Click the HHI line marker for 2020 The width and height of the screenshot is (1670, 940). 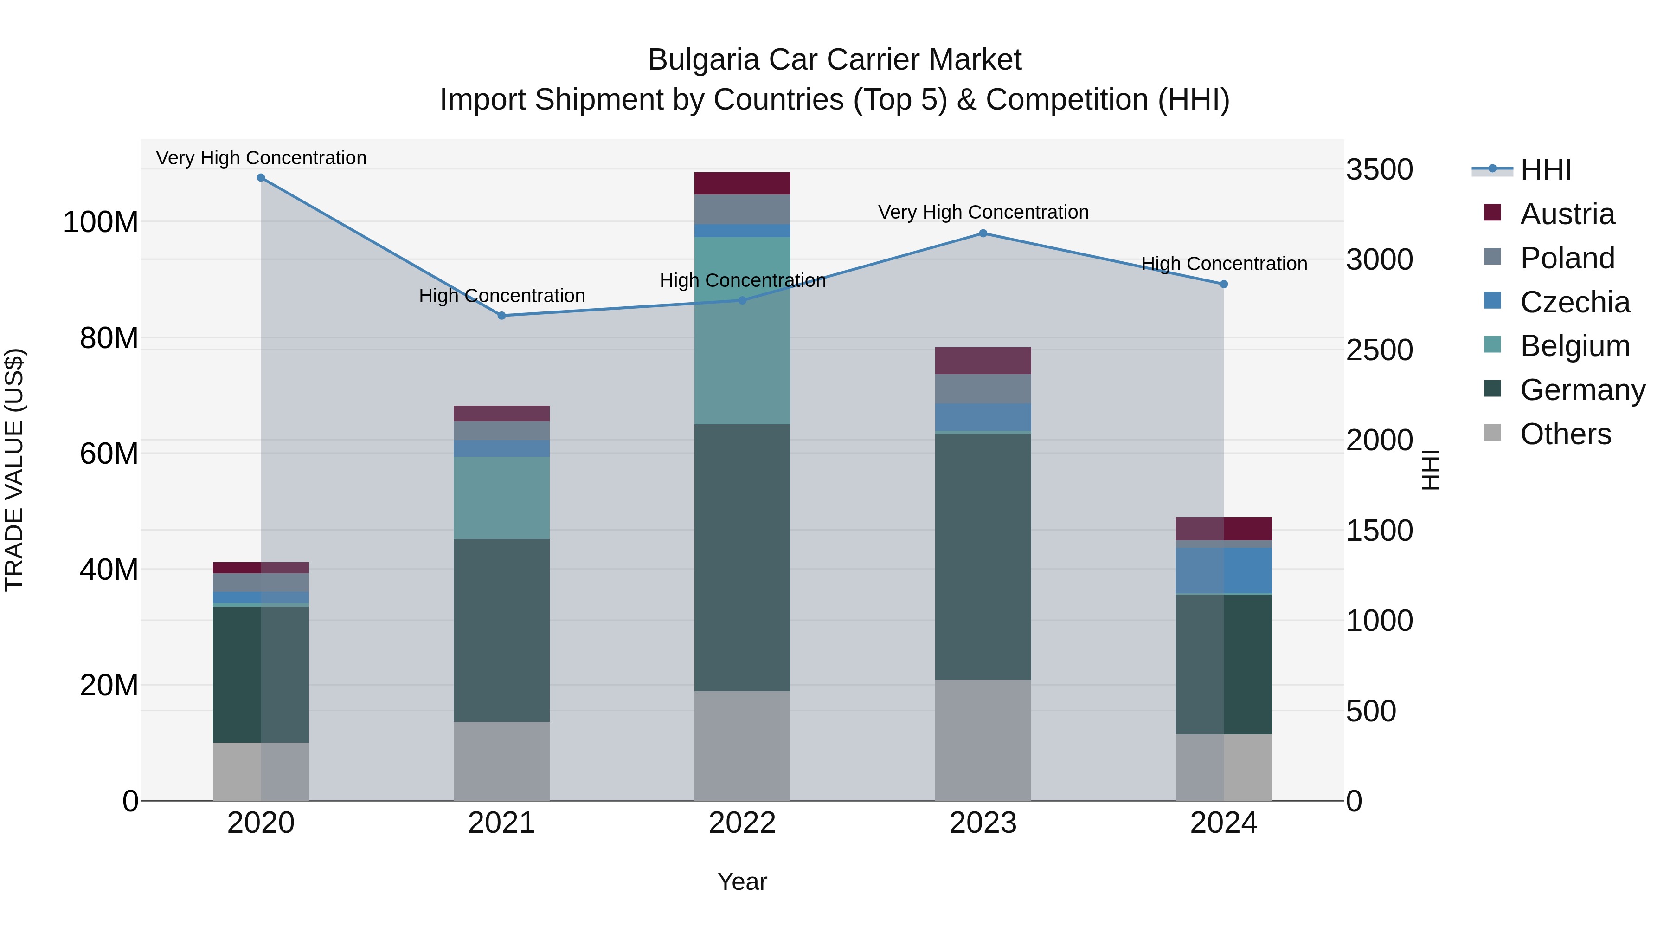pyautogui.click(x=261, y=178)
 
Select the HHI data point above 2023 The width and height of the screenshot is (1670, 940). pyautogui.click(x=983, y=233)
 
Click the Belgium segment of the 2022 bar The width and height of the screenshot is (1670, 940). pyautogui.click(x=742, y=331)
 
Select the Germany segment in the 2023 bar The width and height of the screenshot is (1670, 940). pyautogui.click(x=983, y=557)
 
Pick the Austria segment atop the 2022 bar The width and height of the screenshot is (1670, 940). pyautogui.click(x=742, y=183)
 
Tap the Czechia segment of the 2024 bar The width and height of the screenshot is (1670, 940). pyautogui.click(x=1223, y=571)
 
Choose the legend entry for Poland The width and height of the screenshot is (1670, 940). pyautogui.click(x=1567, y=258)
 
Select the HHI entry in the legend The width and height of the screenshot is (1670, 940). pyautogui.click(x=1546, y=170)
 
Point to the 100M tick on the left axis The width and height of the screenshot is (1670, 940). pyautogui.click(x=101, y=222)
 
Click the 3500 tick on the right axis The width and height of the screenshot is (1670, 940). pyautogui.click(x=1379, y=170)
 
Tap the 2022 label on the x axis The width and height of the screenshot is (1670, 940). pyautogui.click(x=742, y=823)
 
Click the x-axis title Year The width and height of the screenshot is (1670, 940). pyautogui.click(x=742, y=882)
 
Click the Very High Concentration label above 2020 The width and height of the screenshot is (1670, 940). pyautogui.click(x=261, y=158)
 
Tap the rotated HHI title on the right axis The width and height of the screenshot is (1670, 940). pyautogui.click(x=1431, y=470)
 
